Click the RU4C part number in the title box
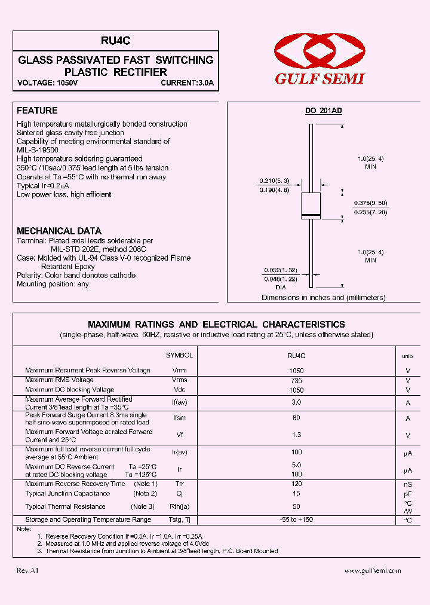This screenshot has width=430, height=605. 116,41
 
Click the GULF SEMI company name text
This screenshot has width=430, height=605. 320,79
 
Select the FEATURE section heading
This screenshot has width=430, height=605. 37,111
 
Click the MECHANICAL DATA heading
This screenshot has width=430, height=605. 59,231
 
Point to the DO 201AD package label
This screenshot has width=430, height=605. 323,111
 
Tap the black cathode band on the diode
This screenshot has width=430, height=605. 311,215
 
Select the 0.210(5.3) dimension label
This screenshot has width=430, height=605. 274,181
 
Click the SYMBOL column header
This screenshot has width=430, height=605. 179,355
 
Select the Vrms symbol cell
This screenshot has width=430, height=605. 179,380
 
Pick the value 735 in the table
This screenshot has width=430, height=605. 296,380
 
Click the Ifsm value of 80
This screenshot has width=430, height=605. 296,418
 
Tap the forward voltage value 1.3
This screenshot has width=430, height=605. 296,435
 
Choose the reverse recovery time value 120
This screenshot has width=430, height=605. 296,484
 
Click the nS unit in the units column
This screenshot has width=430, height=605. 408,484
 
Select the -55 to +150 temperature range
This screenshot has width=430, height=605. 296,520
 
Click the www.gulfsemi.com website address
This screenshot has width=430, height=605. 373,571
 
